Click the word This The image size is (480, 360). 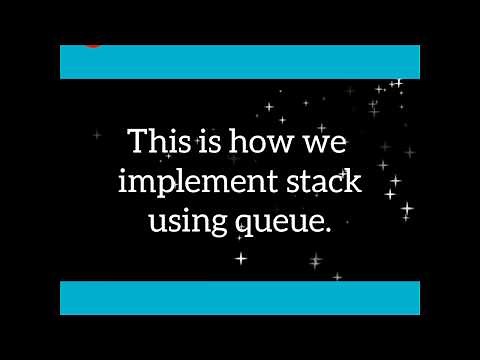(x=164, y=143)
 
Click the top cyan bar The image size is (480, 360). (x=240, y=62)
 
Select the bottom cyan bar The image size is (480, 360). (x=240, y=298)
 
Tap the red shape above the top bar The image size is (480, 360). (x=93, y=44)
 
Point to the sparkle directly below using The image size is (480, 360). (x=240, y=258)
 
